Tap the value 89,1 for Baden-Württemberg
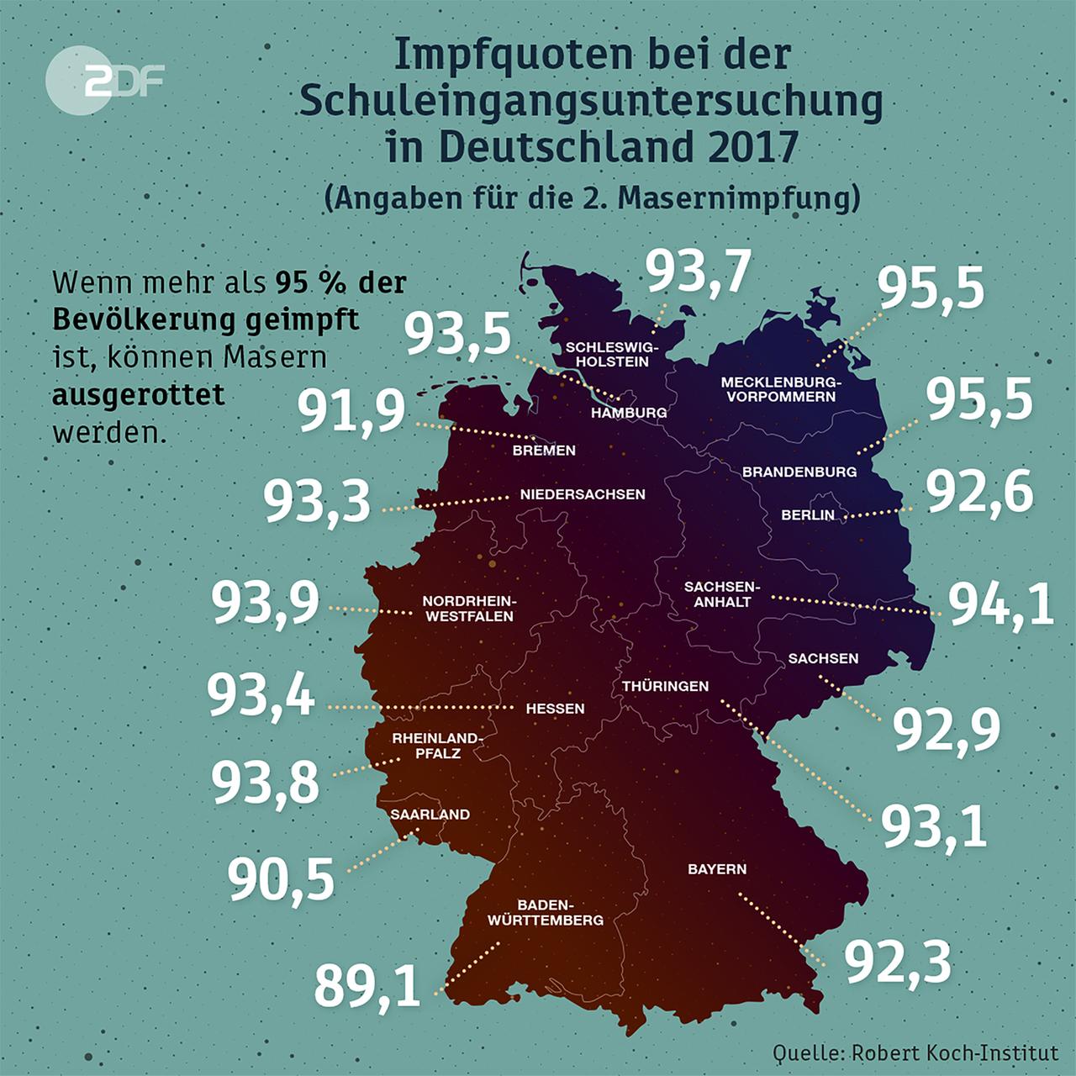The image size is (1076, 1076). tap(367, 985)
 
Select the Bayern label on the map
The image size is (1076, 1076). tap(717, 868)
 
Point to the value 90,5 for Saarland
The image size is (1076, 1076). tap(281, 879)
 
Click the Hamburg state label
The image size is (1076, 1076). tap(629, 412)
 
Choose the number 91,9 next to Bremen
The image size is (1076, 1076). tap(352, 411)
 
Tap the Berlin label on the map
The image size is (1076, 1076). tap(808, 514)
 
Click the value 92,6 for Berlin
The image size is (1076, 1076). tap(979, 492)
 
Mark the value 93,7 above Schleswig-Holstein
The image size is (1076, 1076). tap(698, 272)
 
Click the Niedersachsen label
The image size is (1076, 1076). tap(583, 493)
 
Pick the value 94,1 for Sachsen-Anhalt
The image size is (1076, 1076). tap(1001, 604)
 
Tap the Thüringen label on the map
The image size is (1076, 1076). tap(665, 686)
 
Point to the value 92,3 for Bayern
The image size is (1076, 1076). tap(898, 962)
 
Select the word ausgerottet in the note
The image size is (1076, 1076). tap(139, 394)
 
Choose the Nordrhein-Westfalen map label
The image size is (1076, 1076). tap(467, 609)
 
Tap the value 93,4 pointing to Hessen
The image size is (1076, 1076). tap(261, 697)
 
